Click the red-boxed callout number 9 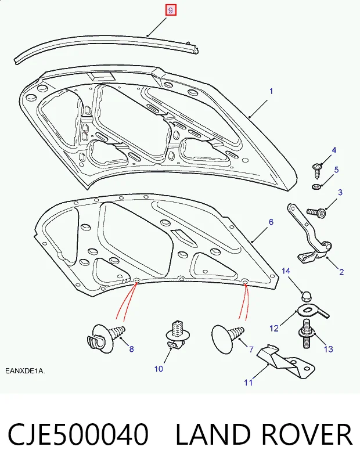tap(170, 11)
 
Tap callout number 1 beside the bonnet tap(271, 91)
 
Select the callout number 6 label tap(271, 222)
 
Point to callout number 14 tap(286, 271)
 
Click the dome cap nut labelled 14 tap(307, 297)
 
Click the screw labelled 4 tap(318, 170)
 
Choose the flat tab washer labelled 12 tap(313, 312)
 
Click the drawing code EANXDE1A tap(25, 371)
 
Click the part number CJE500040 tap(78, 434)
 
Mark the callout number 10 tap(159, 369)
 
